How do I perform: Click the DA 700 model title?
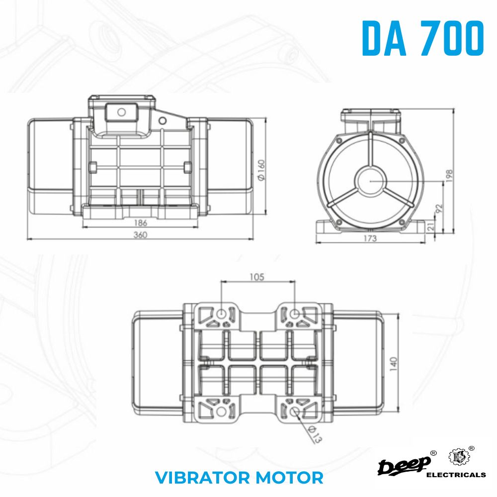pyautogui.click(x=423, y=38)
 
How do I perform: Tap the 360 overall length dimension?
pyautogui.click(x=140, y=235)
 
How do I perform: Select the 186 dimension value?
pyautogui.click(x=141, y=223)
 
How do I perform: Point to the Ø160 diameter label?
pyautogui.click(x=261, y=170)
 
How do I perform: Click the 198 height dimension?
pyautogui.click(x=449, y=176)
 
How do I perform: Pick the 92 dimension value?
pyautogui.click(x=439, y=208)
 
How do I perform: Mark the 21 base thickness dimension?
pyautogui.click(x=430, y=226)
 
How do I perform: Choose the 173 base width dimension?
pyautogui.click(x=370, y=238)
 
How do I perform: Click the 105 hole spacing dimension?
pyautogui.click(x=257, y=277)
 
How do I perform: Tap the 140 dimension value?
pyautogui.click(x=393, y=364)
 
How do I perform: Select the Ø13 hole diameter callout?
pyautogui.click(x=315, y=434)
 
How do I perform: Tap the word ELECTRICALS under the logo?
pyautogui.click(x=456, y=475)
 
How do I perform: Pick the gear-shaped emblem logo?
pyautogui.click(x=458, y=457)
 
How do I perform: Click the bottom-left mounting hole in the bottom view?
pyautogui.click(x=221, y=412)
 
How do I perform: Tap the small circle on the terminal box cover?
pyautogui.click(x=121, y=112)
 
